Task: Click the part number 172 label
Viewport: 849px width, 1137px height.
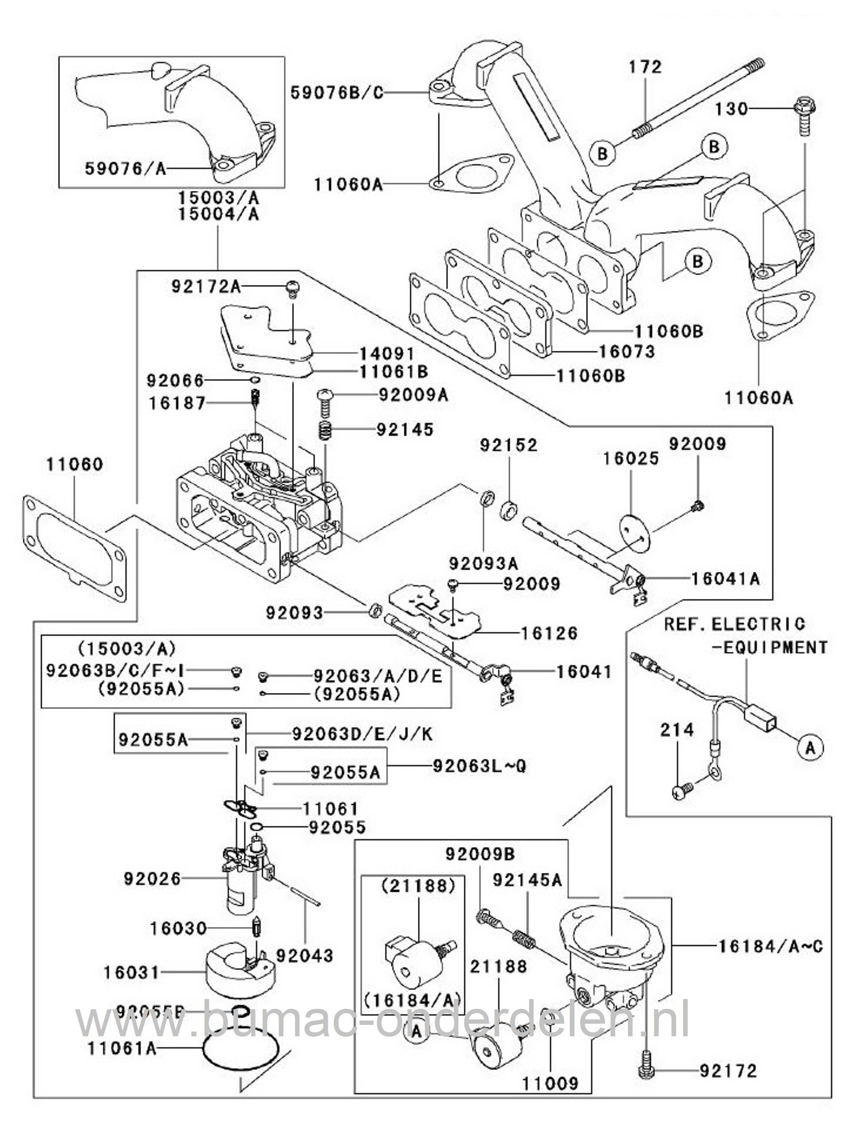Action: pos(645,67)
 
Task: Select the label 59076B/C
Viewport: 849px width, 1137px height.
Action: pos(337,92)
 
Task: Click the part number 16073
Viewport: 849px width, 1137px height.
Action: pos(627,351)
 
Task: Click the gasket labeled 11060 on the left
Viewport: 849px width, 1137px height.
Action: pos(74,550)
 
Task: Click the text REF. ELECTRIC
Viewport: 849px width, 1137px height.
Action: pos(735,624)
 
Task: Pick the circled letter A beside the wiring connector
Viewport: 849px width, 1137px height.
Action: pos(811,748)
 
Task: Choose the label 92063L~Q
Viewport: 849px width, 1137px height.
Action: pos(479,766)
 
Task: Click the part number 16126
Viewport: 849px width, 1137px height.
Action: pos(549,633)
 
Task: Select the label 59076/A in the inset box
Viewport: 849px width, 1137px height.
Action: pos(125,169)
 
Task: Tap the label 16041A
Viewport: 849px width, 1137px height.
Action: pos(725,578)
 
